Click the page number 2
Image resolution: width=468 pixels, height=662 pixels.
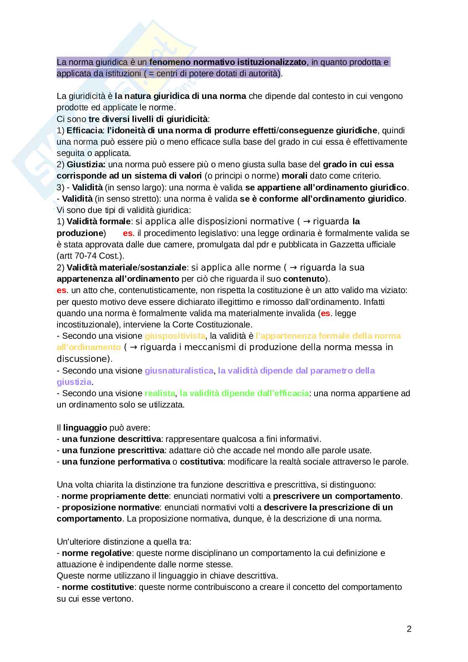(x=409, y=629)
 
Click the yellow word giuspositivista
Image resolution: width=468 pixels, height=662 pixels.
(x=175, y=336)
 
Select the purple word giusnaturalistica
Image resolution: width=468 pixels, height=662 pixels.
(x=179, y=371)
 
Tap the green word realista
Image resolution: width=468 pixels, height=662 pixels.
(x=160, y=393)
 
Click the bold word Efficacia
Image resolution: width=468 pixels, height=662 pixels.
(x=84, y=130)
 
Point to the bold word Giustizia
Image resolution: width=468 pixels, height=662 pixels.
(x=86, y=164)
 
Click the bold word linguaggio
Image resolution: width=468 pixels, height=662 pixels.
(x=85, y=428)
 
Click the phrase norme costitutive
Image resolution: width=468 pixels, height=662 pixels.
(x=98, y=587)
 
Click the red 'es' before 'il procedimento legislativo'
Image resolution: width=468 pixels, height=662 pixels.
(x=127, y=233)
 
